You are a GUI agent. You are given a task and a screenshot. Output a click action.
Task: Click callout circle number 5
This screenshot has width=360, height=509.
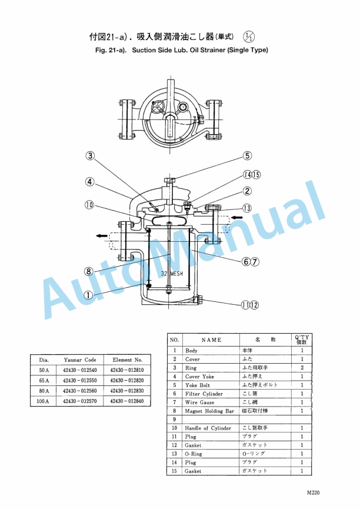pyautogui.click(x=248, y=156)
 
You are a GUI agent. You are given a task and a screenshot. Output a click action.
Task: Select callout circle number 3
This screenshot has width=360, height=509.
pyautogui.click(x=90, y=156)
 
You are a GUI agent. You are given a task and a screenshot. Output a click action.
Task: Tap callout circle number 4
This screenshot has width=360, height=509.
pyautogui.click(x=90, y=182)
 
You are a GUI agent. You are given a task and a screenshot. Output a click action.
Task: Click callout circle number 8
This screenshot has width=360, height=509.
pyautogui.click(x=88, y=271)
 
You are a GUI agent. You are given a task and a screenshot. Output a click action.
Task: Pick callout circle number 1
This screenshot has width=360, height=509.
pyautogui.click(x=88, y=296)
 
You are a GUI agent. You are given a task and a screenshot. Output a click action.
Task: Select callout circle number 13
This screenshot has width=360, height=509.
pyautogui.click(x=247, y=208)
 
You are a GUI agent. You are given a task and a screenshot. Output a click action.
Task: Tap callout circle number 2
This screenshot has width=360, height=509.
pyautogui.click(x=248, y=191)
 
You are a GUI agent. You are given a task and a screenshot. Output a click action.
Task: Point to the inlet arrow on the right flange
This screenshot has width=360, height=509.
pyautogui.click(x=236, y=218)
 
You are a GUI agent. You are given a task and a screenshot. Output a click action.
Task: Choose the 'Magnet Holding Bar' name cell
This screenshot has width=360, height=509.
pyautogui.click(x=209, y=411)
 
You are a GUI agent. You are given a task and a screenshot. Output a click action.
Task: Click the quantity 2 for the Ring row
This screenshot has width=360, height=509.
pyautogui.click(x=302, y=368)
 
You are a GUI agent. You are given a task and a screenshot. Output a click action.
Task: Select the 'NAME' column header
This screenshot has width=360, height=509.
pyautogui.click(x=211, y=340)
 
